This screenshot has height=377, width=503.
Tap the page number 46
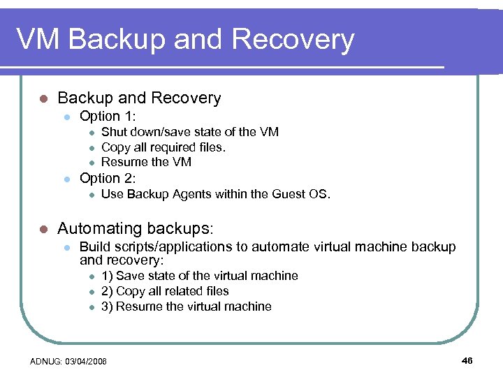[467, 360]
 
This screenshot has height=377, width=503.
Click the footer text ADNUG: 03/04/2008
[68, 361]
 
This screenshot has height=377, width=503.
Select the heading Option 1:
[108, 116]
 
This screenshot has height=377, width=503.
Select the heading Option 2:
[108, 178]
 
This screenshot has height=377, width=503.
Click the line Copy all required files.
[163, 147]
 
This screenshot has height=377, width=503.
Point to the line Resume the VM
[146, 162]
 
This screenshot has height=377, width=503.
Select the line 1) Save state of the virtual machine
[199, 276]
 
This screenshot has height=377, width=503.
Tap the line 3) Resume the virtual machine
[186, 306]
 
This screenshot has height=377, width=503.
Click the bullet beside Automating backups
[43, 229]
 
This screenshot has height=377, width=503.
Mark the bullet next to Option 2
[66, 179]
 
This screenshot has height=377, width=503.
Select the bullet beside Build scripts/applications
[66, 248]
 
